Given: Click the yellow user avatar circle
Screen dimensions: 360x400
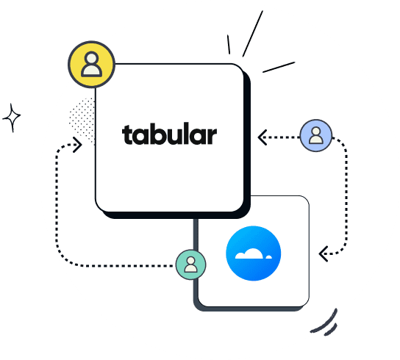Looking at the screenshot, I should click(92, 65).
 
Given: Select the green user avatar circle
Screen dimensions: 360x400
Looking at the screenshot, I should click(191, 264).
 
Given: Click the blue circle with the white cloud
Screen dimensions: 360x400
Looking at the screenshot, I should click(254, 253).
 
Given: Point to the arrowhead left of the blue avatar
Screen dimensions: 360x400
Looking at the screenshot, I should click(262, 136).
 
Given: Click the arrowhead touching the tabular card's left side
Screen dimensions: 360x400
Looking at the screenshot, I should click(76, 144).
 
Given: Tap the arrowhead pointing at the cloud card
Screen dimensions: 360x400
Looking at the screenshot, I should click(323, 253).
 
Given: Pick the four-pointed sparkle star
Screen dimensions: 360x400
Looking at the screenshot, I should click(12, 117).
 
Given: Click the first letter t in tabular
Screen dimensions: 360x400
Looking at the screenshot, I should click(128, 136).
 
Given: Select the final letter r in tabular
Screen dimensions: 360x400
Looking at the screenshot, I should click(212, 137).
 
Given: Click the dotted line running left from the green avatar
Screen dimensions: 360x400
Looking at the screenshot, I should click(118, 264).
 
